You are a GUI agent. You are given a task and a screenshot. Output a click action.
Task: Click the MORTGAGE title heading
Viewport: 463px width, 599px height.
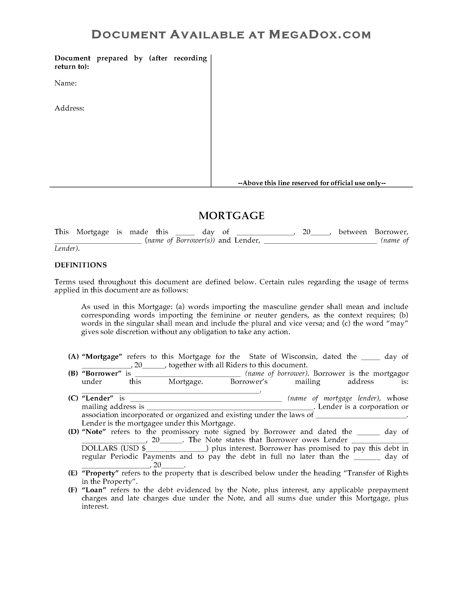[231, 216]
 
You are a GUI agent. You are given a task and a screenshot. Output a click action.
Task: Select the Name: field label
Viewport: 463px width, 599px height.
[66, 83]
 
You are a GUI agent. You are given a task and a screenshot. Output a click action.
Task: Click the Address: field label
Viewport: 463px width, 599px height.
[69, 108]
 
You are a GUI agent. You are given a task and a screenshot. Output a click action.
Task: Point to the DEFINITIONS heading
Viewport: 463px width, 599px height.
[81, 265]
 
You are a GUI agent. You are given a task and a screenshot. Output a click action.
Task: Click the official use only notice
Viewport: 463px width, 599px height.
[312, 183]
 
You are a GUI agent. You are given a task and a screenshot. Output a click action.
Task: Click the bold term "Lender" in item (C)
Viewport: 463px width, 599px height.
[98, 398]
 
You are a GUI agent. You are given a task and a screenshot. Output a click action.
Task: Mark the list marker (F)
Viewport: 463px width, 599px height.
[73, 490]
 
